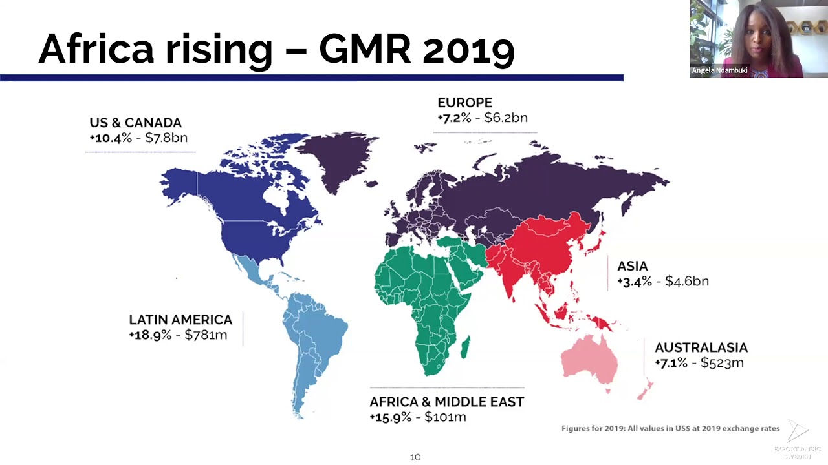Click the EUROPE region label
pyautogui.click(x=464, y=103)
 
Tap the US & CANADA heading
pyautogui.click(x=136, y=123)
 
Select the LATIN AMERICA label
pyautogui.click(x=180, y=320)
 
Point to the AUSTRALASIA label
pyautogui.click(x=701, y=347)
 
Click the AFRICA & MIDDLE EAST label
pyautogui.click(x=447, y=402)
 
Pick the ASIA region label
pyautogui.click(x=633, y=266)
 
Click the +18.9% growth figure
pyautogui.click(x=151, y=335)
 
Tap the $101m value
pyautogui.click(x=446, y=417)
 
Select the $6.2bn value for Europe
pyautogui.click(x=506, y=118)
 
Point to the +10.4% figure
pyautogui.click(x=111, y=138)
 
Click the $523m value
pyautogui.click(x=722, y=363)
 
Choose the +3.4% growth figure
pyautogui.click(x=635, y=282)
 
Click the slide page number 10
pyautogui.click(x=415, y=457)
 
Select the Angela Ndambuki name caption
pyautogui.click(x=719, y=70)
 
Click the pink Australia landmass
pyautogui.click(x=589, y=360)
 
